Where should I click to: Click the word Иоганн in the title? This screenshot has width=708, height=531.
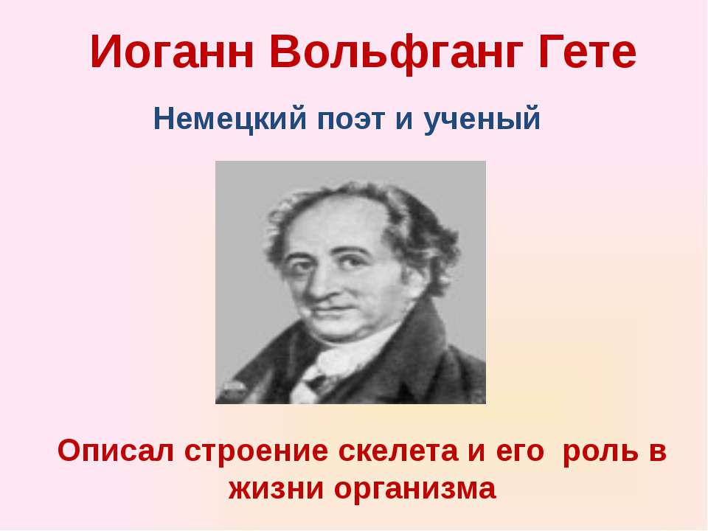tap(172, 52)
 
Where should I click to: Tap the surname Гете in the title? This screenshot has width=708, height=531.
tap(587, 52)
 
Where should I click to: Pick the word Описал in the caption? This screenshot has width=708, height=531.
tap(116, 451)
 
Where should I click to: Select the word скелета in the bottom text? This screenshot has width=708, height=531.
tap(398, 451)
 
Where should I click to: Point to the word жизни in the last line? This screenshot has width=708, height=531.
tap(277, 489)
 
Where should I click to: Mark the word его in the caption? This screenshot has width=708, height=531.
tap(520, 452)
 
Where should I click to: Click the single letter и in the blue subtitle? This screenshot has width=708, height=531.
tap(404, 120)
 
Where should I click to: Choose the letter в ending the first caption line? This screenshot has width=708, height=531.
tap(658, 452)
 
